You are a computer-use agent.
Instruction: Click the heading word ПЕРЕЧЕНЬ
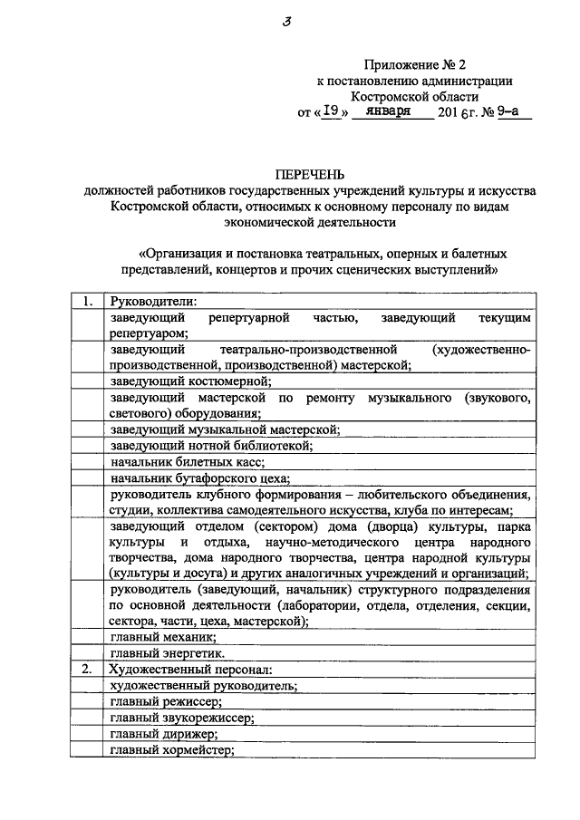tap(311, 175)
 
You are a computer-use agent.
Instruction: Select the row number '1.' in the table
tap(84, 303)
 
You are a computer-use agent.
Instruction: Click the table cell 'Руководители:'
tap(153, 303)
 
